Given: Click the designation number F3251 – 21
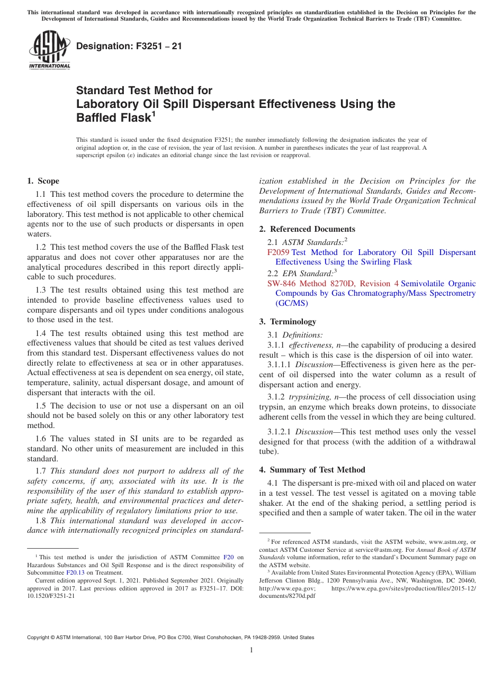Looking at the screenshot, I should click(129, 46).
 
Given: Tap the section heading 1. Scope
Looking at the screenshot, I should click(43, 181).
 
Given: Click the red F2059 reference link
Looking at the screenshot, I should click(279, 252).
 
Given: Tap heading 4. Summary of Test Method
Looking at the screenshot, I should click(312, 470).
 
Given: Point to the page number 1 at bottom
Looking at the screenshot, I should click(251, 650).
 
